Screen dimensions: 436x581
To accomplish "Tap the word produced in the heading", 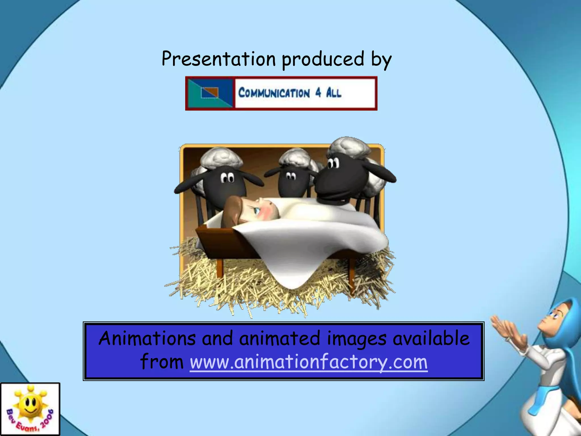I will coord(323,59).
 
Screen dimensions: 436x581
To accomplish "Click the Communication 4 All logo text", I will coord(290,93).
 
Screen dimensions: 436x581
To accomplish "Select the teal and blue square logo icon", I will coord(210,93).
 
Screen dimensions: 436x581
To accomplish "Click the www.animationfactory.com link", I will coord(309,362).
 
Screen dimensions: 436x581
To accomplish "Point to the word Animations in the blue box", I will coord(147,338).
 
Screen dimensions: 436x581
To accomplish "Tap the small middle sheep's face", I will coord(292,182).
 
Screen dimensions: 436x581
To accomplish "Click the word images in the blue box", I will coord(357,338).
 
